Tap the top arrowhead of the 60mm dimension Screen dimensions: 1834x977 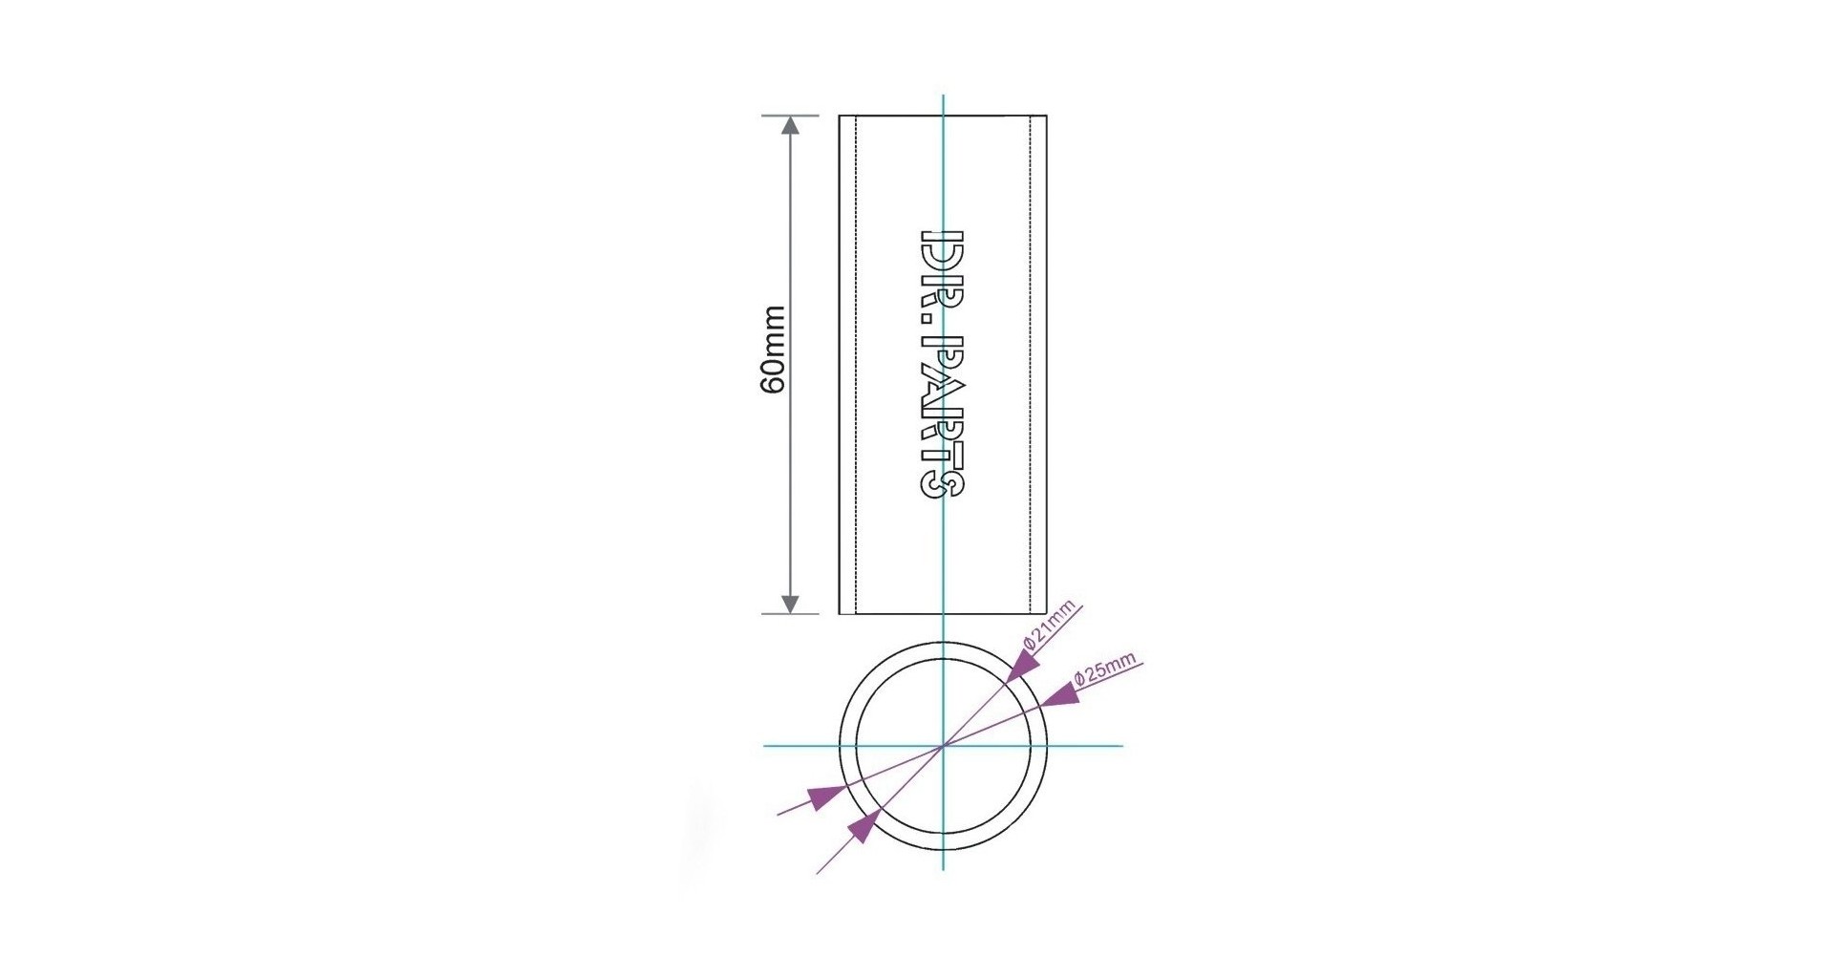(790, 126)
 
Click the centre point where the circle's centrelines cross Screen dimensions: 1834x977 (943, 745)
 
